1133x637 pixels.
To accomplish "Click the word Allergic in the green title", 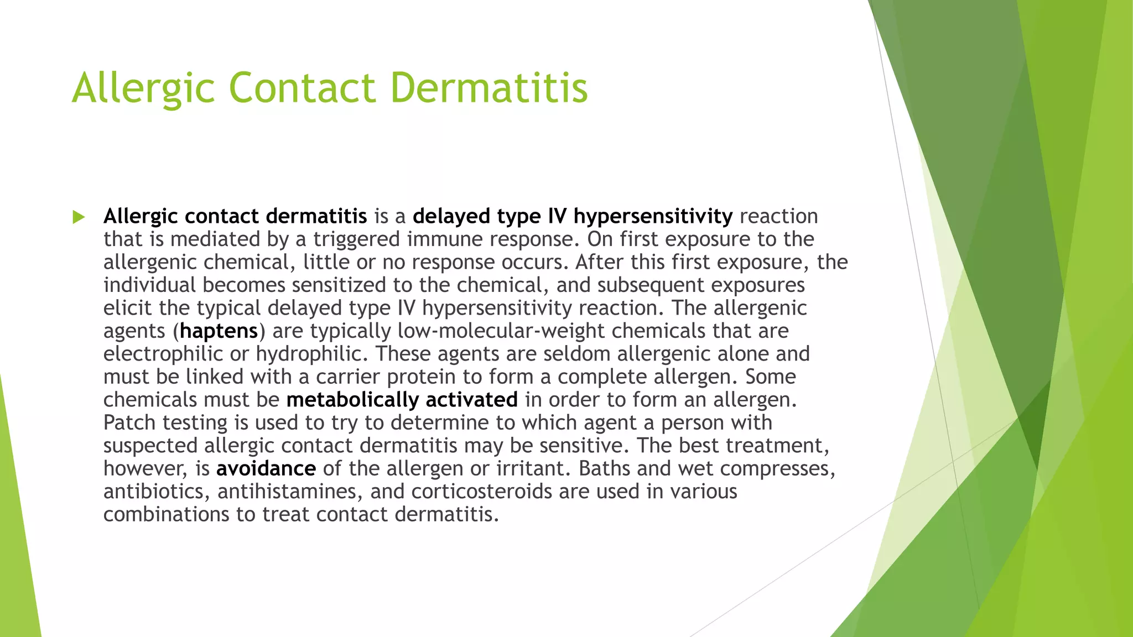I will tap(143, 87).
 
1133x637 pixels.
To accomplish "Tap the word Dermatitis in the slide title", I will tap(489, 87).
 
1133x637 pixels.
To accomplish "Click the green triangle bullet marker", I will tap(79, 217).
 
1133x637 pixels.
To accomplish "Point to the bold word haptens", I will tap(219, 331).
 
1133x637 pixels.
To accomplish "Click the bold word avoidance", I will tap(266, 468).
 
